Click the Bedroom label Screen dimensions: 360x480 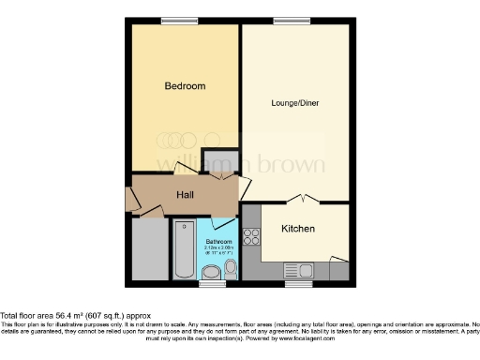tap(185, 85)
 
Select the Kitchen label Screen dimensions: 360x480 tap(298, 229)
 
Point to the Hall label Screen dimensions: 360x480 tap(186, 195)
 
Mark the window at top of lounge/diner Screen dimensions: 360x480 tap(286, 21)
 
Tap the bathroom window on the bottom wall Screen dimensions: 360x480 tap(213, 282)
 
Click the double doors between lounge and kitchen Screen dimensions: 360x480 tap(299, 199)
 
